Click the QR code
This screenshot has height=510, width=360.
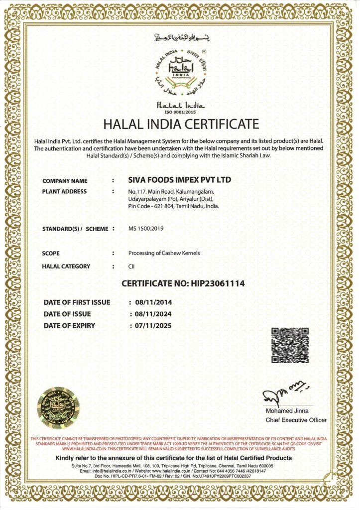point(289,345)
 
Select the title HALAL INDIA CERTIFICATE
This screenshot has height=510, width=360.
point(181,124)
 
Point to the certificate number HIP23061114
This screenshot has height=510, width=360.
point(183,284)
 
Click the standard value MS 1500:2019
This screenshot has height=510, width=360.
point(146,229)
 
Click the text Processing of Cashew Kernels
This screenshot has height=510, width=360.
point(164,253)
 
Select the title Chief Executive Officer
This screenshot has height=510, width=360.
point(296,420)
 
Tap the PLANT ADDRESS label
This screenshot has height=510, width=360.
point(65,191)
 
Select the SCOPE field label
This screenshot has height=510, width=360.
point(51,253)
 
